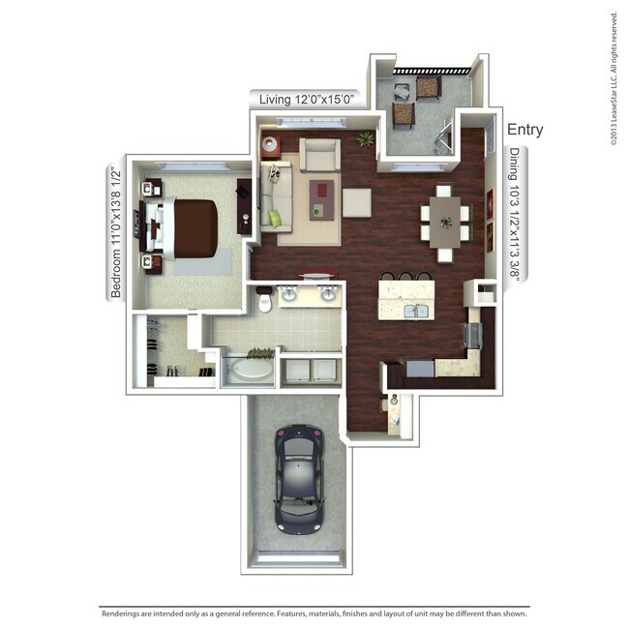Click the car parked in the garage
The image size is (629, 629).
298,477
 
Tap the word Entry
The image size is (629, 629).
524,130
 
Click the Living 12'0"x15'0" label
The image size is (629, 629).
308,98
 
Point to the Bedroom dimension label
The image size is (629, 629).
116,233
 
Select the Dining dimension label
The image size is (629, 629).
514,219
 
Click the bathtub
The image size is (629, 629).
248,372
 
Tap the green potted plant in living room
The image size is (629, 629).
365,139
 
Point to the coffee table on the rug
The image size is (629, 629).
321,197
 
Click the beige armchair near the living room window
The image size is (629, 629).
319,155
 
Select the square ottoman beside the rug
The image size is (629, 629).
355,202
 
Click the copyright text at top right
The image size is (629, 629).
614,77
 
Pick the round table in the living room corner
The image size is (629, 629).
270,147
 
